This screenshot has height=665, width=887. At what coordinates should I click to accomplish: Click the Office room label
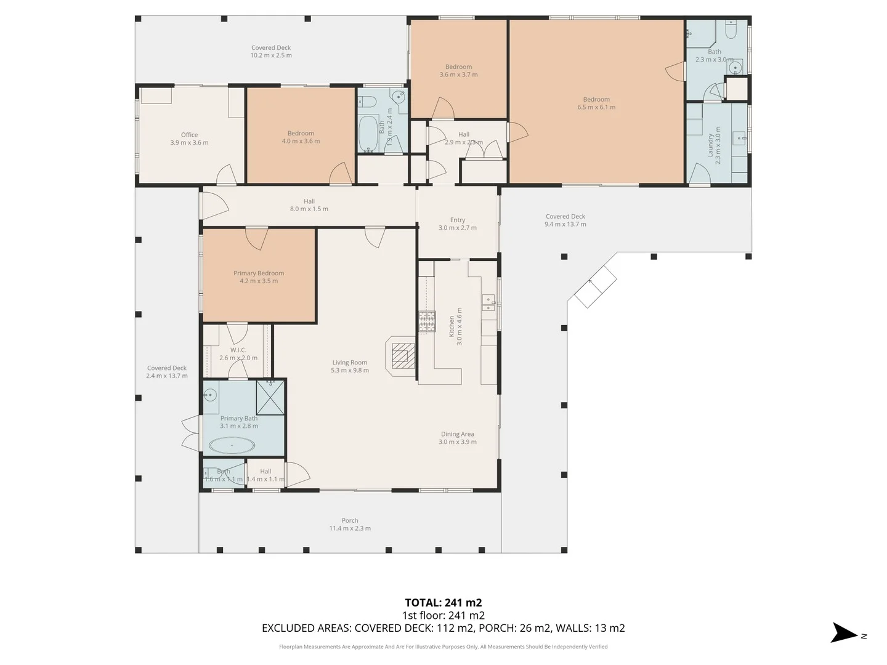(x=189, y=135)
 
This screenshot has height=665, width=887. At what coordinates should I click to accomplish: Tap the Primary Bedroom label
(x=259, y=273)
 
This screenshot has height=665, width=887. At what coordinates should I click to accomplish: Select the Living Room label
(x=349, y=363)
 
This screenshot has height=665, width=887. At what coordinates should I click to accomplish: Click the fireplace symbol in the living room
(x=400, y=355)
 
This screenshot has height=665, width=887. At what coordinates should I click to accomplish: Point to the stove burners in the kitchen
(x=427, y=322)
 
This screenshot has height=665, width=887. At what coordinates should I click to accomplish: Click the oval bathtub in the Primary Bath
(x=232, y=445)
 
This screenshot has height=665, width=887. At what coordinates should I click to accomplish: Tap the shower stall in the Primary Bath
(x=270, y=397)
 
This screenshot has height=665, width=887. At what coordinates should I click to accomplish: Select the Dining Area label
(x=457, y=434)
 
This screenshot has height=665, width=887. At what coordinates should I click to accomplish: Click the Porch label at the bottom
(x=350, y=520)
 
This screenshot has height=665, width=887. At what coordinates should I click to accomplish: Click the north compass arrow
(x=844, y=633)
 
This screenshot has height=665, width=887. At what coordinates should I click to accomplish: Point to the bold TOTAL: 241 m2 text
(x=443, y=603)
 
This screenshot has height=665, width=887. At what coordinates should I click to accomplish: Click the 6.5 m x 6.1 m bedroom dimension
(x=596, y=107)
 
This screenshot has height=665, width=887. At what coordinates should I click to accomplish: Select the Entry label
(x=458, y=220)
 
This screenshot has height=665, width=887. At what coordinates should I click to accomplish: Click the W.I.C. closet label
(x=238, y=350)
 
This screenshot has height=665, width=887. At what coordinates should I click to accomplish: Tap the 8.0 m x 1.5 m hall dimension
(x=309, y=209)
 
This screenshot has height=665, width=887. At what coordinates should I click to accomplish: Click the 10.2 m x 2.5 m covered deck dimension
(x=271, y=55)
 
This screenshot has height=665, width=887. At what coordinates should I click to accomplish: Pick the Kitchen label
(x=452, y=326)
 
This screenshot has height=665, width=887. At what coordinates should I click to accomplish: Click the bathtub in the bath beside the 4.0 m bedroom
(x=368, y=132)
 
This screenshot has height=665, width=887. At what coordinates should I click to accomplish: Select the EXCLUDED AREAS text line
(x=443, y=628)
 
